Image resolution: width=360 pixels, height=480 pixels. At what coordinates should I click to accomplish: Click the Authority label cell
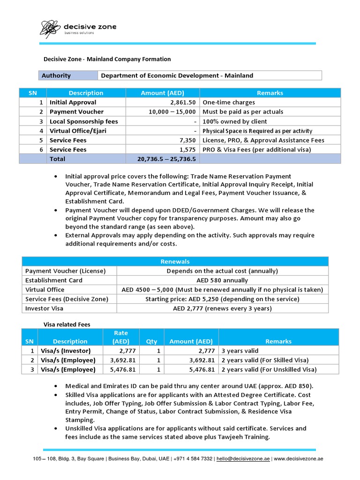(x=56, y=75)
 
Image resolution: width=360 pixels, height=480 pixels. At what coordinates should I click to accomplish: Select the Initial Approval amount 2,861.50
(x=180, y=102)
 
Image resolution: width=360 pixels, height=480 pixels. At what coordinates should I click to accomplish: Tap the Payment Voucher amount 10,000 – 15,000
(x=172, y=112)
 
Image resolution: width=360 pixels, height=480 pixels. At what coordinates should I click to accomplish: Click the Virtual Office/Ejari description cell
(x=78, y=131)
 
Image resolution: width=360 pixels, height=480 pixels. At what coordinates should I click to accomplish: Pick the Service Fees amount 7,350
(x=186, y=140)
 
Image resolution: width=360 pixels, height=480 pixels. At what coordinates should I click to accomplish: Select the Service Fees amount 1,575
(x=186, y=150)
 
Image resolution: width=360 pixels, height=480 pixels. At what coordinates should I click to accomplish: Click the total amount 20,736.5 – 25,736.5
(x=166, y=159)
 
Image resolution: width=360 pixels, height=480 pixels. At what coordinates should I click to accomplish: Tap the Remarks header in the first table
(x=270, y=93)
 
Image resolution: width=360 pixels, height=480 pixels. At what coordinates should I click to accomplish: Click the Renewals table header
(x=175, y=262)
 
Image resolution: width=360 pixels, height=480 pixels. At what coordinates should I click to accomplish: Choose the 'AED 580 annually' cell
(x=222, y=280)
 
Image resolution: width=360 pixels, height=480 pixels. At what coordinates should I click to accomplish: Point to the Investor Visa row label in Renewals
(x=44, y=308)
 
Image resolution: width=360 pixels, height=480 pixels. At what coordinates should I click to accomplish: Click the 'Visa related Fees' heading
(x=67, y=324)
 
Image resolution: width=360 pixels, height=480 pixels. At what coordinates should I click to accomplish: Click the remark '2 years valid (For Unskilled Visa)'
(x=269, y=369)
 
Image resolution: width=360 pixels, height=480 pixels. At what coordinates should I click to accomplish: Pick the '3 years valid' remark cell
(x=240, y=351)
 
